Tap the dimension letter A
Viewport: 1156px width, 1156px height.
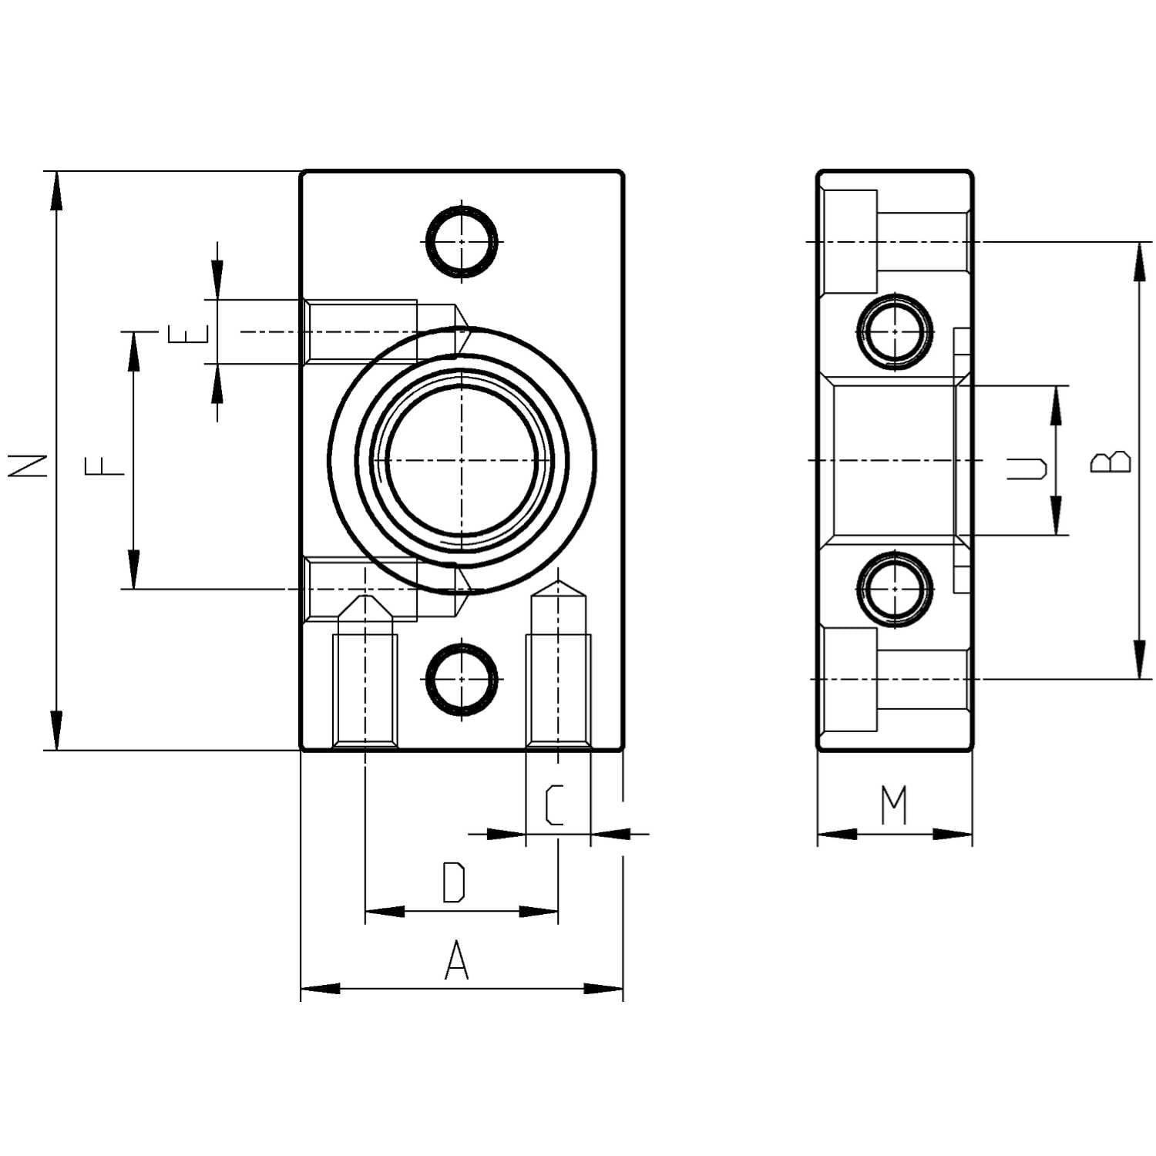pyautogui.click(x=457, y=960)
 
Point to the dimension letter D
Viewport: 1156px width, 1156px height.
pyautogui.click(x=455, y=883)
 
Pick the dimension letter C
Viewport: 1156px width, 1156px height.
pyautogui.click(x=553, y=805)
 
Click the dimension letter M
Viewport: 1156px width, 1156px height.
pyautogui.click(x=894, y=805)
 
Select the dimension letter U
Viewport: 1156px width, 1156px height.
pyautogui.click(x=1028, y=467)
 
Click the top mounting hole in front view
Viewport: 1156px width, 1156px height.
pyautogui.click(x=462, y=241)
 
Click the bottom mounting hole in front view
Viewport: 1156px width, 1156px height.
pyautogui.click(x=462, y=679)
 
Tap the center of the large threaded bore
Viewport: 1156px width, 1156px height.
pyautogui.click(x=461, y=460)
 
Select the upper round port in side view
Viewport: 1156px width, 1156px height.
pyautogui.click(x=894, y=331)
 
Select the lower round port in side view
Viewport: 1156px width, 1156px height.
pyautogui.click(x=894, y=590)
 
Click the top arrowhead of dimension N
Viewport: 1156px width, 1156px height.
pyautogui.click(x=55, y=190)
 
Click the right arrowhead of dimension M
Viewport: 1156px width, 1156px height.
pyautogui.click(x=953, y=834)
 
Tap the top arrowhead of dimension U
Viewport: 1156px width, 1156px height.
pyautogui.click(x=1056, y=405)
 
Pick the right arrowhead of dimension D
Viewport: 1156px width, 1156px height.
pyautogui.click(x=539, y=912)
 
